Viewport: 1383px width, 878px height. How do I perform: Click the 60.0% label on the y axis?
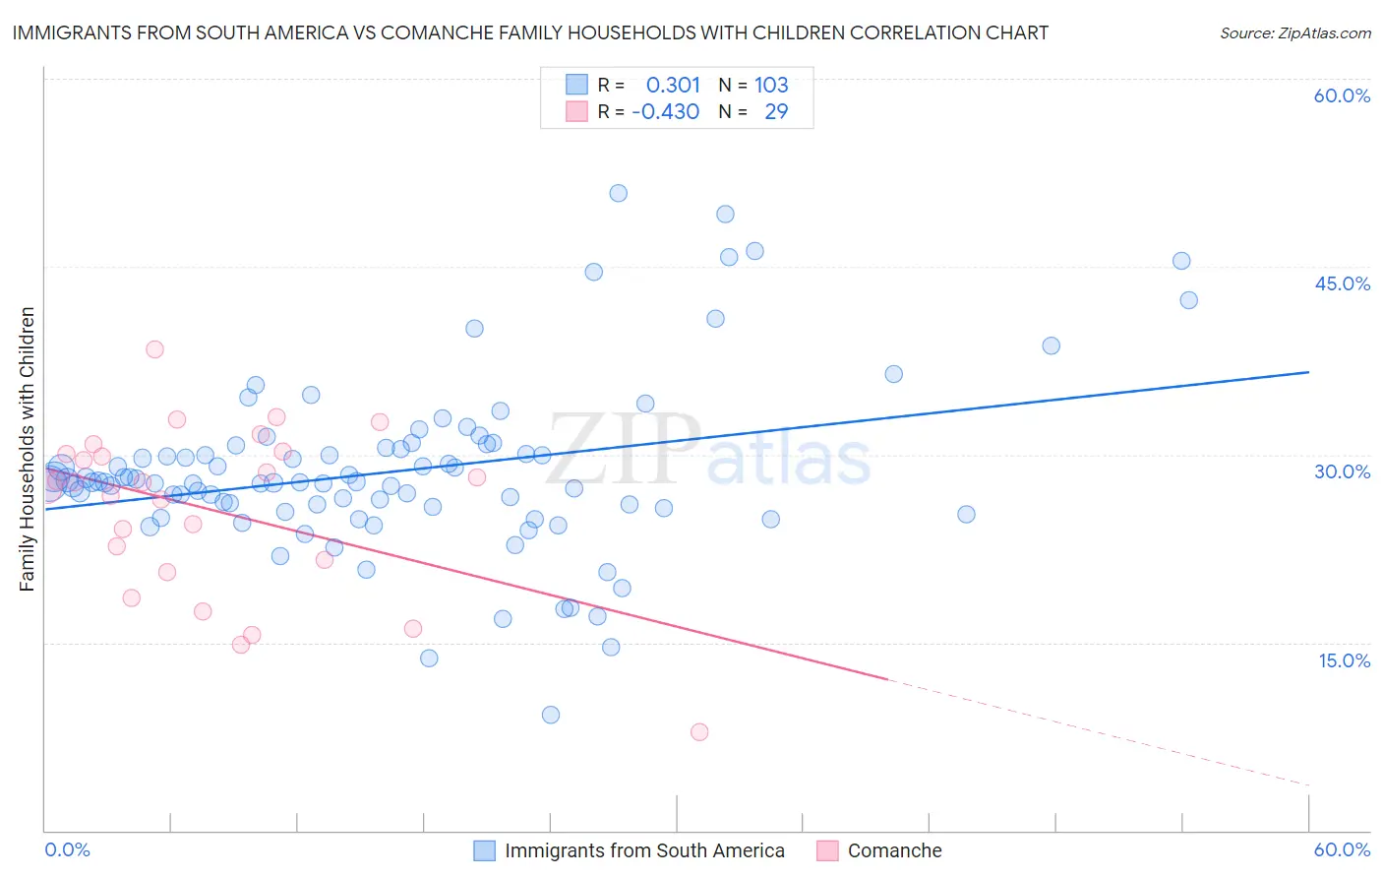coord(1342,96)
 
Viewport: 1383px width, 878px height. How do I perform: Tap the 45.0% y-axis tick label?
coord(1342,283)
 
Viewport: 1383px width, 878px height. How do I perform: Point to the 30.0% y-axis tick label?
coord(1342,471)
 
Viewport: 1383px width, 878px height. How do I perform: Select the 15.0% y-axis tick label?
coord(1344,660)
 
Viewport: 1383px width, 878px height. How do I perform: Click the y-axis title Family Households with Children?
coord(28,449)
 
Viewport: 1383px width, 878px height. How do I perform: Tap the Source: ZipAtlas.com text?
coord(1294,33)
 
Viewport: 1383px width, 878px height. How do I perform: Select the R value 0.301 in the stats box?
coord(673,86)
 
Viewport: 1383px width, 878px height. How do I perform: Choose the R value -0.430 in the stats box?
coord(666,112)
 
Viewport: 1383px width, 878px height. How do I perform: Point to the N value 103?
coord(771,86)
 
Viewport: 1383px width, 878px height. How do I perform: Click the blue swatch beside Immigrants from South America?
coord(484,850)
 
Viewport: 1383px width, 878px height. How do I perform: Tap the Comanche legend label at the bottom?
coord(894,850)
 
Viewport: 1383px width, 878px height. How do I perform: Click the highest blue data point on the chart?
coord(618,193)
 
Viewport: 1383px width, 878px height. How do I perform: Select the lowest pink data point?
coord(699,731)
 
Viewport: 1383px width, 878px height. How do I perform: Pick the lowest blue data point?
coord(551,715)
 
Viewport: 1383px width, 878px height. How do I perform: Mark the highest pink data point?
coord(154,349)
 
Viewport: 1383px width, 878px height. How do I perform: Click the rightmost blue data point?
coord(1188,300)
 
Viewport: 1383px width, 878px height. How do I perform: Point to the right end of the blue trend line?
coord(1308,372)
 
